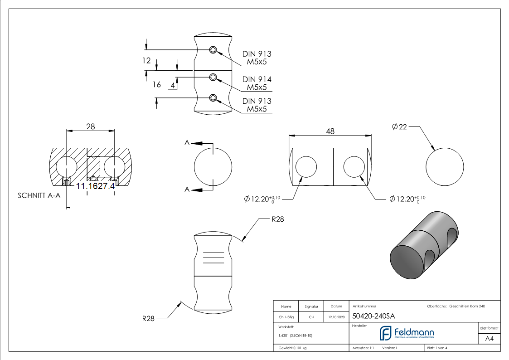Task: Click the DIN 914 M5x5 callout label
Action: click(257, 83)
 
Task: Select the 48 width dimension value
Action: click(330, 131)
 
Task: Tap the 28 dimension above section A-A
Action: click(90, 126)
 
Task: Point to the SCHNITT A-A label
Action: click(39, 196)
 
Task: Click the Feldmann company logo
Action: click(407, 334)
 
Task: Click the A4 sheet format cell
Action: click(490, 338)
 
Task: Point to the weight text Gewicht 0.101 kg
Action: click(292, 348)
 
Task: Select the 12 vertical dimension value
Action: click(146, 60)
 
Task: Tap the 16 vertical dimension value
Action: click(157, 84)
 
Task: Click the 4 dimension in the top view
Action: click(173, 85)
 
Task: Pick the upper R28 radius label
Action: click(278, 219)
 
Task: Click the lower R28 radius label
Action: click(148, 319)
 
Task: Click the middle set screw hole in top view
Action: click(213, 78)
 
